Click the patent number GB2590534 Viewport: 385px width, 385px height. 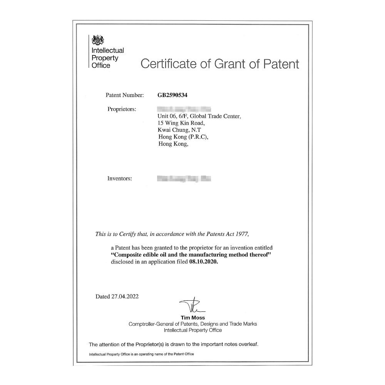(172, 95)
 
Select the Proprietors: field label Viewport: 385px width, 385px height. (122, 109)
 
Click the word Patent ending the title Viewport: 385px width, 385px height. (281, 64)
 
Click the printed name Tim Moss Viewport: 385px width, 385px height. (192, 318)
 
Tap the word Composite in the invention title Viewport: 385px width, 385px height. (126, 255)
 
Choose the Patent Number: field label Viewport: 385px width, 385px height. (124, 95)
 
